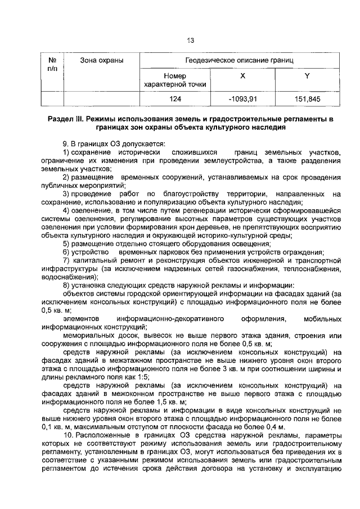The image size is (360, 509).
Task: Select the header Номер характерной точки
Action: click(x=175, y=80)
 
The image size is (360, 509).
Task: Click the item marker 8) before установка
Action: click(x=66, y=285)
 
